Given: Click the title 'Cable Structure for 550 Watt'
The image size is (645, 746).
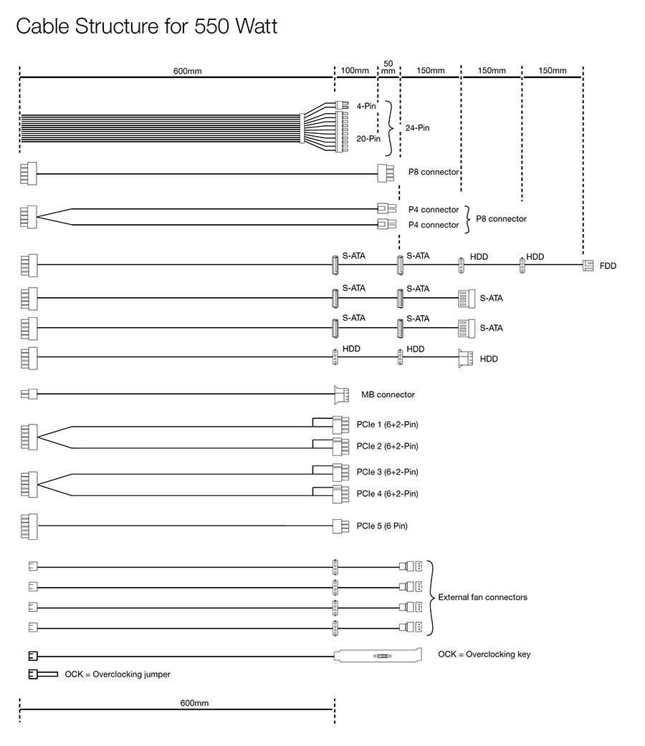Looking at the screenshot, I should click(146, 26).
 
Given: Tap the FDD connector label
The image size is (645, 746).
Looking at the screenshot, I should click(608, 266).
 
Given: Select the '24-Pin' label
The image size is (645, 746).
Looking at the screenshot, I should click(417, 128).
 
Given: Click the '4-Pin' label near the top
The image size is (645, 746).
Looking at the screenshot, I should click(365, 106).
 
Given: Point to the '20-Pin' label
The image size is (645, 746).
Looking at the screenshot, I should click(368, 139).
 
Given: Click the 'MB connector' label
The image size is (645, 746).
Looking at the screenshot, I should click(388, 394).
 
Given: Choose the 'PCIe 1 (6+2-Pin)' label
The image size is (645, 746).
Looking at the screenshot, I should click(387, 425).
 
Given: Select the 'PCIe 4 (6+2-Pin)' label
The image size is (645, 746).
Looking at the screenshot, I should click(387, 494).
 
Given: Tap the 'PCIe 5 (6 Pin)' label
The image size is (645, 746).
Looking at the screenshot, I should click(382, 526).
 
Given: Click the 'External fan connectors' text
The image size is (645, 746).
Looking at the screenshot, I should click(482, 597).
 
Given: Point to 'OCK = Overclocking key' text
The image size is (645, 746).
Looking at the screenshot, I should click(484, 654).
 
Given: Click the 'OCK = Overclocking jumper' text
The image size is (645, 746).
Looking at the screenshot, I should click(118, 674).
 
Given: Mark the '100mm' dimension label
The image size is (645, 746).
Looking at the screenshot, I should click(355, 71).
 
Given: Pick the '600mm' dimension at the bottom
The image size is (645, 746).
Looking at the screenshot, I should click(194, 704).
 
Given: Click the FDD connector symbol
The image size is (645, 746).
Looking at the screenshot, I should click(588, 266).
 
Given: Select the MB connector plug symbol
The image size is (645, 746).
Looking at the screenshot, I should click(341, 394).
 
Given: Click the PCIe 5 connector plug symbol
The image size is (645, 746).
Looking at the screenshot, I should click(341, 526).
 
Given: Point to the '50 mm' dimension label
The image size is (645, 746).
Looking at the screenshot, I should click(388, 67).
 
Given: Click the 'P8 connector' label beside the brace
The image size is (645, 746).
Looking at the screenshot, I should click(502, 219).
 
